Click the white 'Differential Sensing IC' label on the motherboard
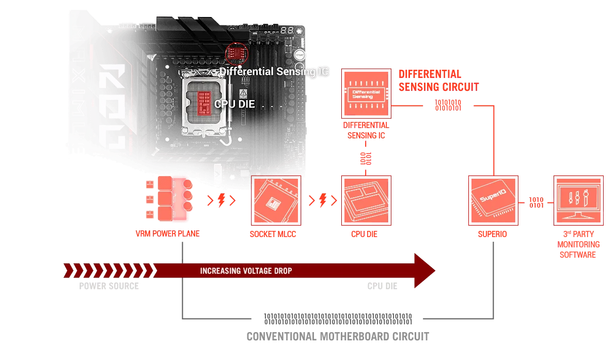[x=274, y=72]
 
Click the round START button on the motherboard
[x=299, y=53]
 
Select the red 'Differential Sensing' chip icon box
[x=366, y=93]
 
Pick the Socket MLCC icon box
[x=275, y=200]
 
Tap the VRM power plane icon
[x=170, y=199]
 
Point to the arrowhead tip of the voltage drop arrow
[x=435, y=271]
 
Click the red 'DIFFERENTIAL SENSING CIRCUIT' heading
[x=437, y=80]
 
